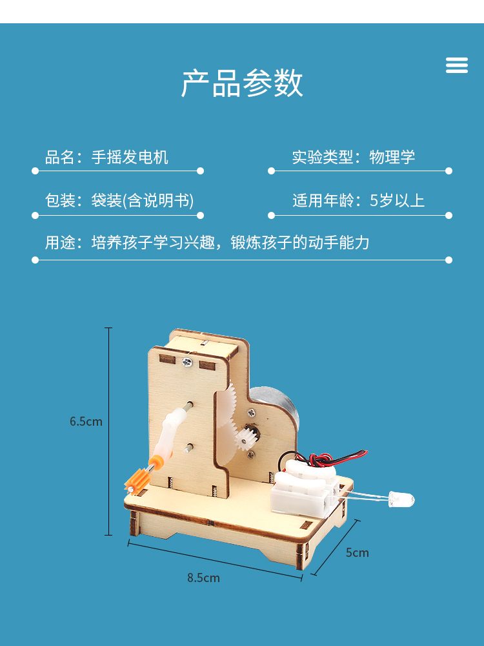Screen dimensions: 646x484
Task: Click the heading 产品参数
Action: [x=242, y=83]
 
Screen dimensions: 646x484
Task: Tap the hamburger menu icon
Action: [x=456, y=65]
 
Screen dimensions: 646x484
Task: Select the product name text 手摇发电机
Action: [x=130, y=157]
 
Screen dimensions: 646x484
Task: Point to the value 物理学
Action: [x=392, y=157]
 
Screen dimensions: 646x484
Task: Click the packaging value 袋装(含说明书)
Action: [x=143, y=200]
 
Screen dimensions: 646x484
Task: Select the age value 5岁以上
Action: [x=397, y=200]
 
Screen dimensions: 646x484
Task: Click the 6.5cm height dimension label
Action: [x=86, y=421]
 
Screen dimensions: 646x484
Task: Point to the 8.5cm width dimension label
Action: [x=203, y=578]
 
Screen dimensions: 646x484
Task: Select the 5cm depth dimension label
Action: [x=357, y=552]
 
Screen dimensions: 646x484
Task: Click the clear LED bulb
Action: [x=401, y=499]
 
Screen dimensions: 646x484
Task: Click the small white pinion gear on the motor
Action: [x=246, y=440]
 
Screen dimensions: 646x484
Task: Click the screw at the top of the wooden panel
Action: [x=187, y=362]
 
